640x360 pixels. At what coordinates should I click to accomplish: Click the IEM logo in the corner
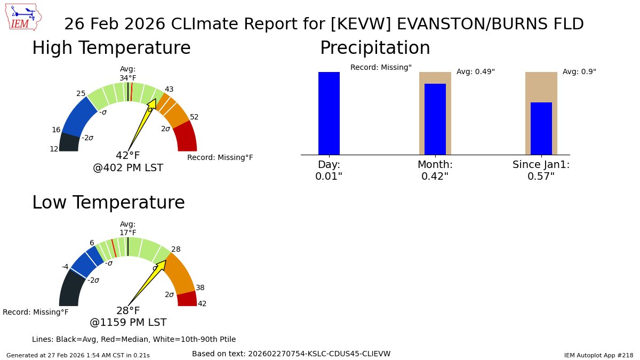25,17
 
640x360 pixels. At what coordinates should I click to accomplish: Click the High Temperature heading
111,48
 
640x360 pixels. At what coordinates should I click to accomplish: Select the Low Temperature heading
108,203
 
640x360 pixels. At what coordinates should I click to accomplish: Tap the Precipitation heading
374,48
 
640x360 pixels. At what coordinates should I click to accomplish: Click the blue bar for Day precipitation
329,113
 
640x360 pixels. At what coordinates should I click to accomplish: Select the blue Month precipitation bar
435,119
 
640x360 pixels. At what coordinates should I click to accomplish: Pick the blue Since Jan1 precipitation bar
541,129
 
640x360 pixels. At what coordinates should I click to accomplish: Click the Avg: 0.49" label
475,72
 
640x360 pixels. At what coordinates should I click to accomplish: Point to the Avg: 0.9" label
579,72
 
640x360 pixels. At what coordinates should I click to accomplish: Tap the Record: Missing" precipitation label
381,68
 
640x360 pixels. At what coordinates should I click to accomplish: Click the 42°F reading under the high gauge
128,156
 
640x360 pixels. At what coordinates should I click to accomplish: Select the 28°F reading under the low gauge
128,311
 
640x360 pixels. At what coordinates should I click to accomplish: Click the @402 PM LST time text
128,168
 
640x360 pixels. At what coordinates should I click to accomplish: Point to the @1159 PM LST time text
128,323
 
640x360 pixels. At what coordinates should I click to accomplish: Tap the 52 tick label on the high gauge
194,117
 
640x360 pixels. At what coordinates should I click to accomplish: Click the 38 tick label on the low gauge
200,288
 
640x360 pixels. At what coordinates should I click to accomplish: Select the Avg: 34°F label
128,74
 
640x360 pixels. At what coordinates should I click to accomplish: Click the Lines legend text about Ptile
134,339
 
